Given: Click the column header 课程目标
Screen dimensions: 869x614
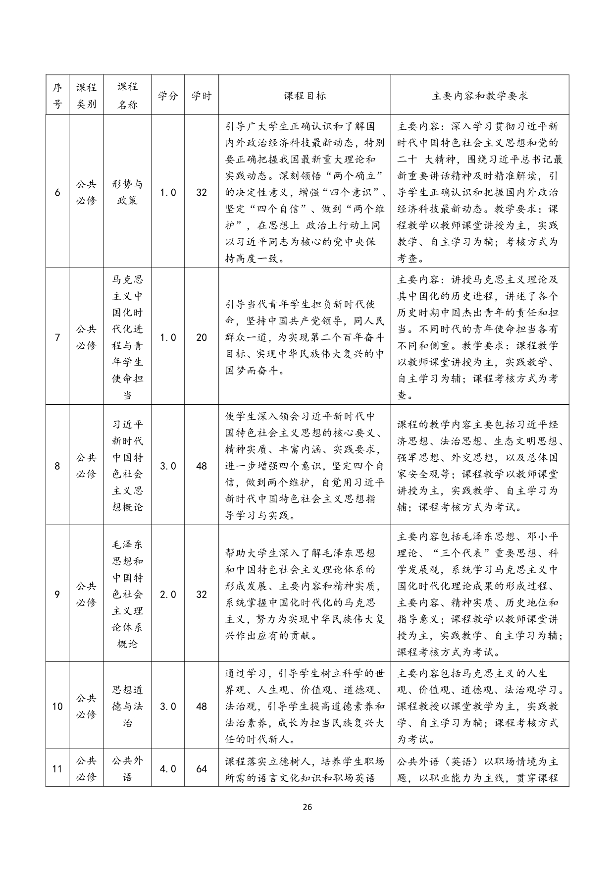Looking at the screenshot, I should (x=305, y=96).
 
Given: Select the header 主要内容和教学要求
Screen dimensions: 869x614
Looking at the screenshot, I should (x=479, y=96).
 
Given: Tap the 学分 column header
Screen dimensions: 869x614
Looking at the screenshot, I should (x=168, y=96).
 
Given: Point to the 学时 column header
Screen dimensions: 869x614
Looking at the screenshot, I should (x=202, y=96).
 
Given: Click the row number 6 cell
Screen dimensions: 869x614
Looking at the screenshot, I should (x=57, y=192).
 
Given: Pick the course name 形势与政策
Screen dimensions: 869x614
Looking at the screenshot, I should (x=127, y=192).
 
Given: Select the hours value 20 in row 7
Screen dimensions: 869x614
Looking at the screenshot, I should (x=202, y=337).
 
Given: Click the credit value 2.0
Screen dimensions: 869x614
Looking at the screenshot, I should (x=168, y=594).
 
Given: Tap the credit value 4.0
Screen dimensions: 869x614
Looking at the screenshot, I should (x=168, y=769).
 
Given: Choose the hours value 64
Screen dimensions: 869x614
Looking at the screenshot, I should (x=202, y=769).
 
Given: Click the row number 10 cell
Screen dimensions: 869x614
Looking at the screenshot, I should (x=57, y=706).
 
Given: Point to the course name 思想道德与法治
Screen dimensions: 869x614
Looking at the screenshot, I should (x=127, y=706).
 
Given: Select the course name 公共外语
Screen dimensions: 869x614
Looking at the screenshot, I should (x=127, y=769).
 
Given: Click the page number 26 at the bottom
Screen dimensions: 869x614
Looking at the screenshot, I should (x=307, y=807).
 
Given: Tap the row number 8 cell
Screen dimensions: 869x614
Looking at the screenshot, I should (x=57, y=466).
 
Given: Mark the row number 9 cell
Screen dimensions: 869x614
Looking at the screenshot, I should (x=57, y=594).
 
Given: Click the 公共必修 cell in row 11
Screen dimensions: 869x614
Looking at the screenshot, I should (x=86, y=769).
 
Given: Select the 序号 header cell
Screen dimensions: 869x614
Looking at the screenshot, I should (x=57, y=96).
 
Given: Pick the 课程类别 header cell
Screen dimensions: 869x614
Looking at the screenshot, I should (x=86, y=96).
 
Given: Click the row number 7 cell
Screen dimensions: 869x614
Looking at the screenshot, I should (x=57, y=337).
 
